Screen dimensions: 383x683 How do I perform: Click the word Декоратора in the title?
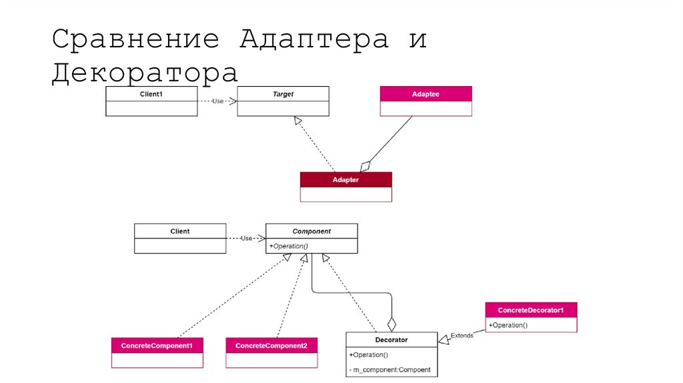(x=145, y=73)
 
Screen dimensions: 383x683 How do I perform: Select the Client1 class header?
(x=151, y=94)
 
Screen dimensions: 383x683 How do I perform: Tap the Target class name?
(x=283, y=94)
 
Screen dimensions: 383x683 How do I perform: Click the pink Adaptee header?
(x=426, y=94)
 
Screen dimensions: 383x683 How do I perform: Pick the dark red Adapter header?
(x=346, y=179)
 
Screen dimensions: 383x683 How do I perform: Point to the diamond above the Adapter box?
(x=364, y=165)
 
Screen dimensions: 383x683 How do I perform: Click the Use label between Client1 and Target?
(x=217, y=101)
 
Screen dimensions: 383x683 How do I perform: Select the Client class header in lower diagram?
(x=180, y=231)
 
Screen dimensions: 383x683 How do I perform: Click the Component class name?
(x=311, y=231)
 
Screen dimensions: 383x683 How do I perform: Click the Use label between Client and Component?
(x=246, y=238)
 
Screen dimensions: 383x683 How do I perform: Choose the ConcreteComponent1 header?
(x=157, y=346)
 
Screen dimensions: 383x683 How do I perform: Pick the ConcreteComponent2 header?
(x=271, y=346)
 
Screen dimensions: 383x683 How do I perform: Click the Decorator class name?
(x=392, y=340)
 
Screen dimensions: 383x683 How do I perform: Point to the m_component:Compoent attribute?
(x=390, y=370)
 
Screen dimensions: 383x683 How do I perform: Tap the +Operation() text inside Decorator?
(x=368, y=355)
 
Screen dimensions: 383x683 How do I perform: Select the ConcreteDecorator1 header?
(x=531, y=310)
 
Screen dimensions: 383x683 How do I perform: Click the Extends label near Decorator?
(x=462, y=335)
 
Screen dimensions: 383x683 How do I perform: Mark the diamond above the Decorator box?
(x=392, y=324)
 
